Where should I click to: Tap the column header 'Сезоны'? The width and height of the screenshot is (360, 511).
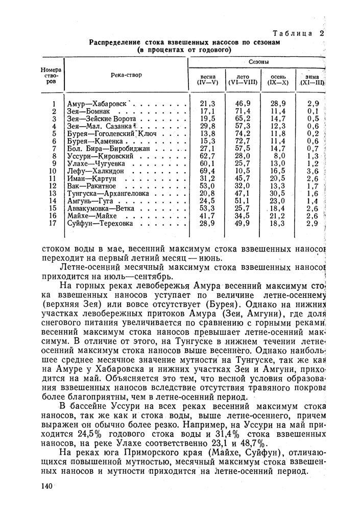tap(258, 62)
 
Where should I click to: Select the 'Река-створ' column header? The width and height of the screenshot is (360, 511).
tap(126, 75)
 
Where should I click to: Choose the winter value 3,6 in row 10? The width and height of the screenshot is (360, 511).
tap(313, 171)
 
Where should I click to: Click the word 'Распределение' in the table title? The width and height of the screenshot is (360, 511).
tap(118, 42)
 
